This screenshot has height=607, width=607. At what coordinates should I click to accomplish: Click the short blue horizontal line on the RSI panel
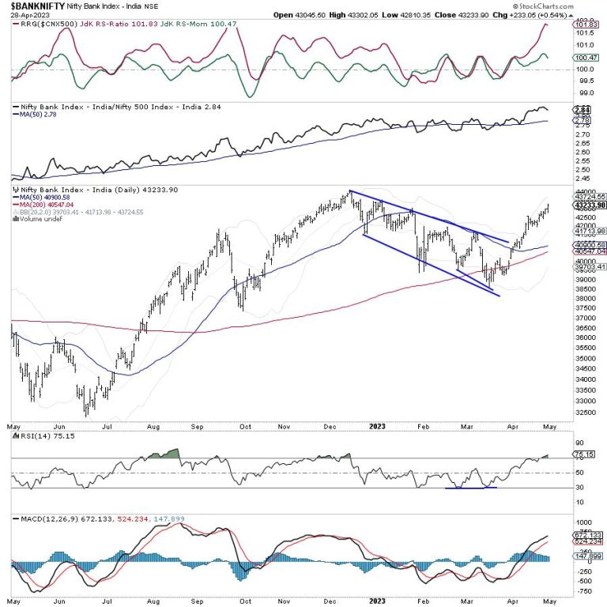click(x=471, y=488)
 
